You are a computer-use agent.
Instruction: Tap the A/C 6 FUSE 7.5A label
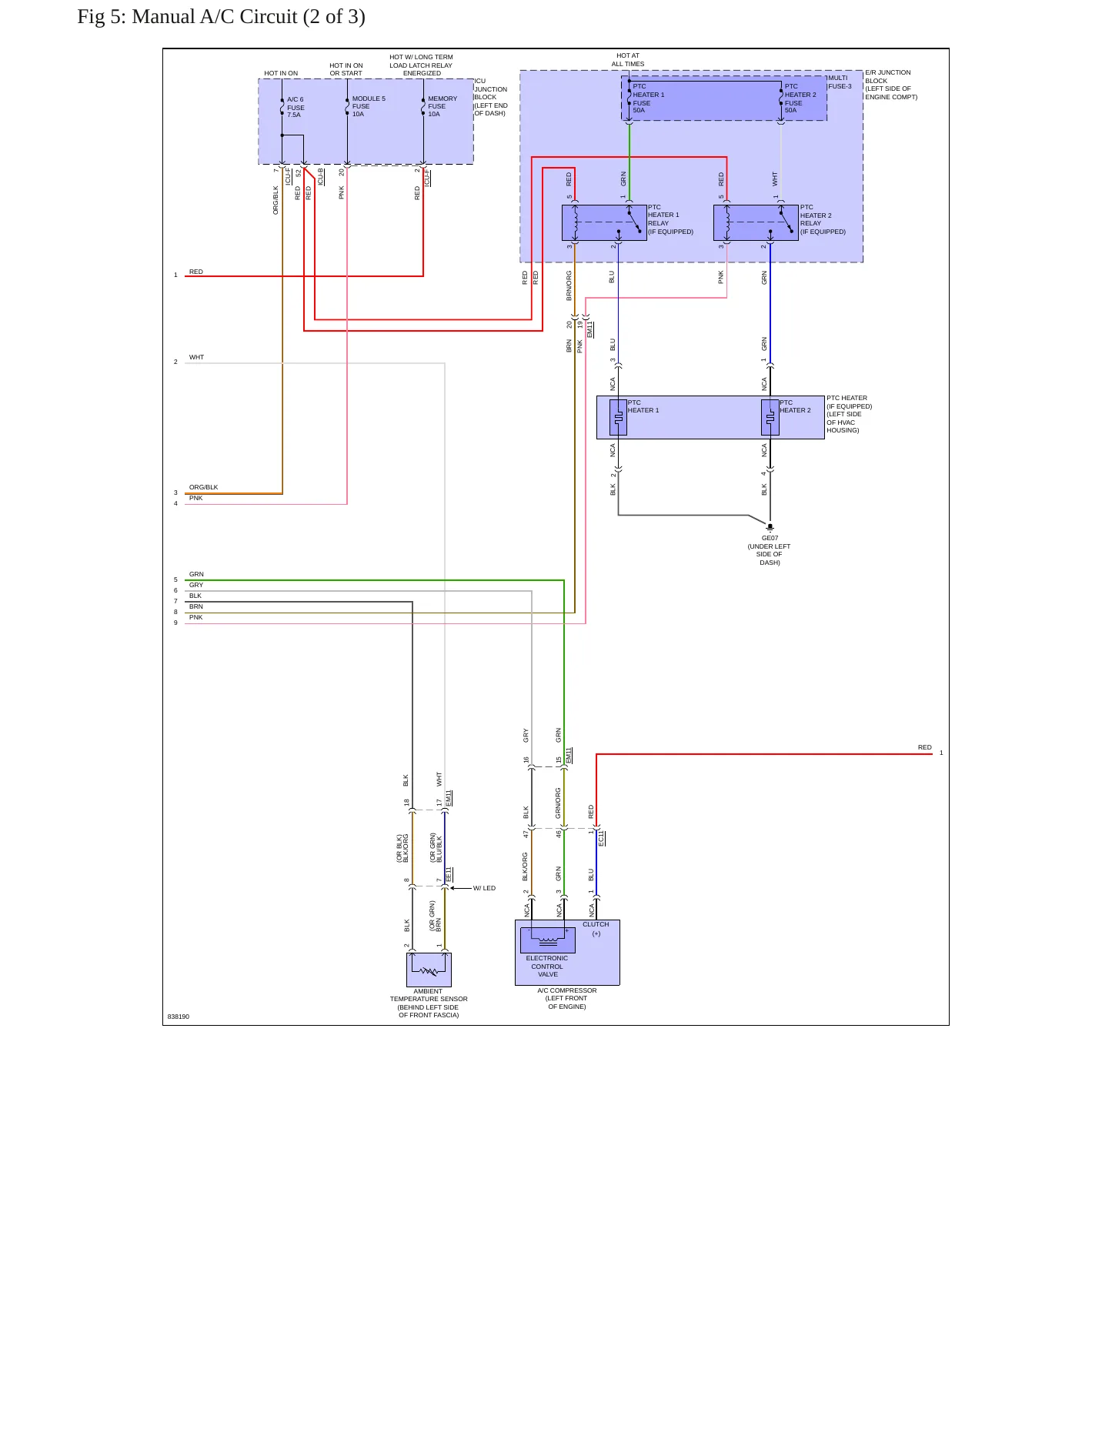tap(296, 107)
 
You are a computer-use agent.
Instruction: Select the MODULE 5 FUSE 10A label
tap(369, 106)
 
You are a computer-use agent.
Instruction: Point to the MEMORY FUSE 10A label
tap(442, 106)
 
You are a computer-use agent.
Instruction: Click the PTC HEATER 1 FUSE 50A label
tap(648, 98)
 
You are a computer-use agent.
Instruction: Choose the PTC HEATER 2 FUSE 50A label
tap(800, 98)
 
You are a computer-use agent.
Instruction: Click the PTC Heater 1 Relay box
tap(604, 223)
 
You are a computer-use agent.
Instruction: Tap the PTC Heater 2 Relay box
tap(756, 223)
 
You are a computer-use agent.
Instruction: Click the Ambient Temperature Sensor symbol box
tap(429, 970)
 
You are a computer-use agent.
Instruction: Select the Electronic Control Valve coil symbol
tap(548, 940)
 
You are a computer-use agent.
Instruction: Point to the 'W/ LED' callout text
tap(484, 888)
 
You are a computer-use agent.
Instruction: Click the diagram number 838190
tap(179, 1017)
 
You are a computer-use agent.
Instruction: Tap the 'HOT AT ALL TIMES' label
tap(628, 60)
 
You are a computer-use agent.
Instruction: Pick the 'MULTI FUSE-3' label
tap(840, 82)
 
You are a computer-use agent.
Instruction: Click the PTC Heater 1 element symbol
tap(618, 418)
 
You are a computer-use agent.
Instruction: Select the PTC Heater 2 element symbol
tap(770, 418)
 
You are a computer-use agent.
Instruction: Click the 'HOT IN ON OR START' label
tap(346, 69)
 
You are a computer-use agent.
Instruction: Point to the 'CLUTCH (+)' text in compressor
tap(596, 929)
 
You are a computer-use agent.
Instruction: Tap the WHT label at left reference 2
tap(197, 357)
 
